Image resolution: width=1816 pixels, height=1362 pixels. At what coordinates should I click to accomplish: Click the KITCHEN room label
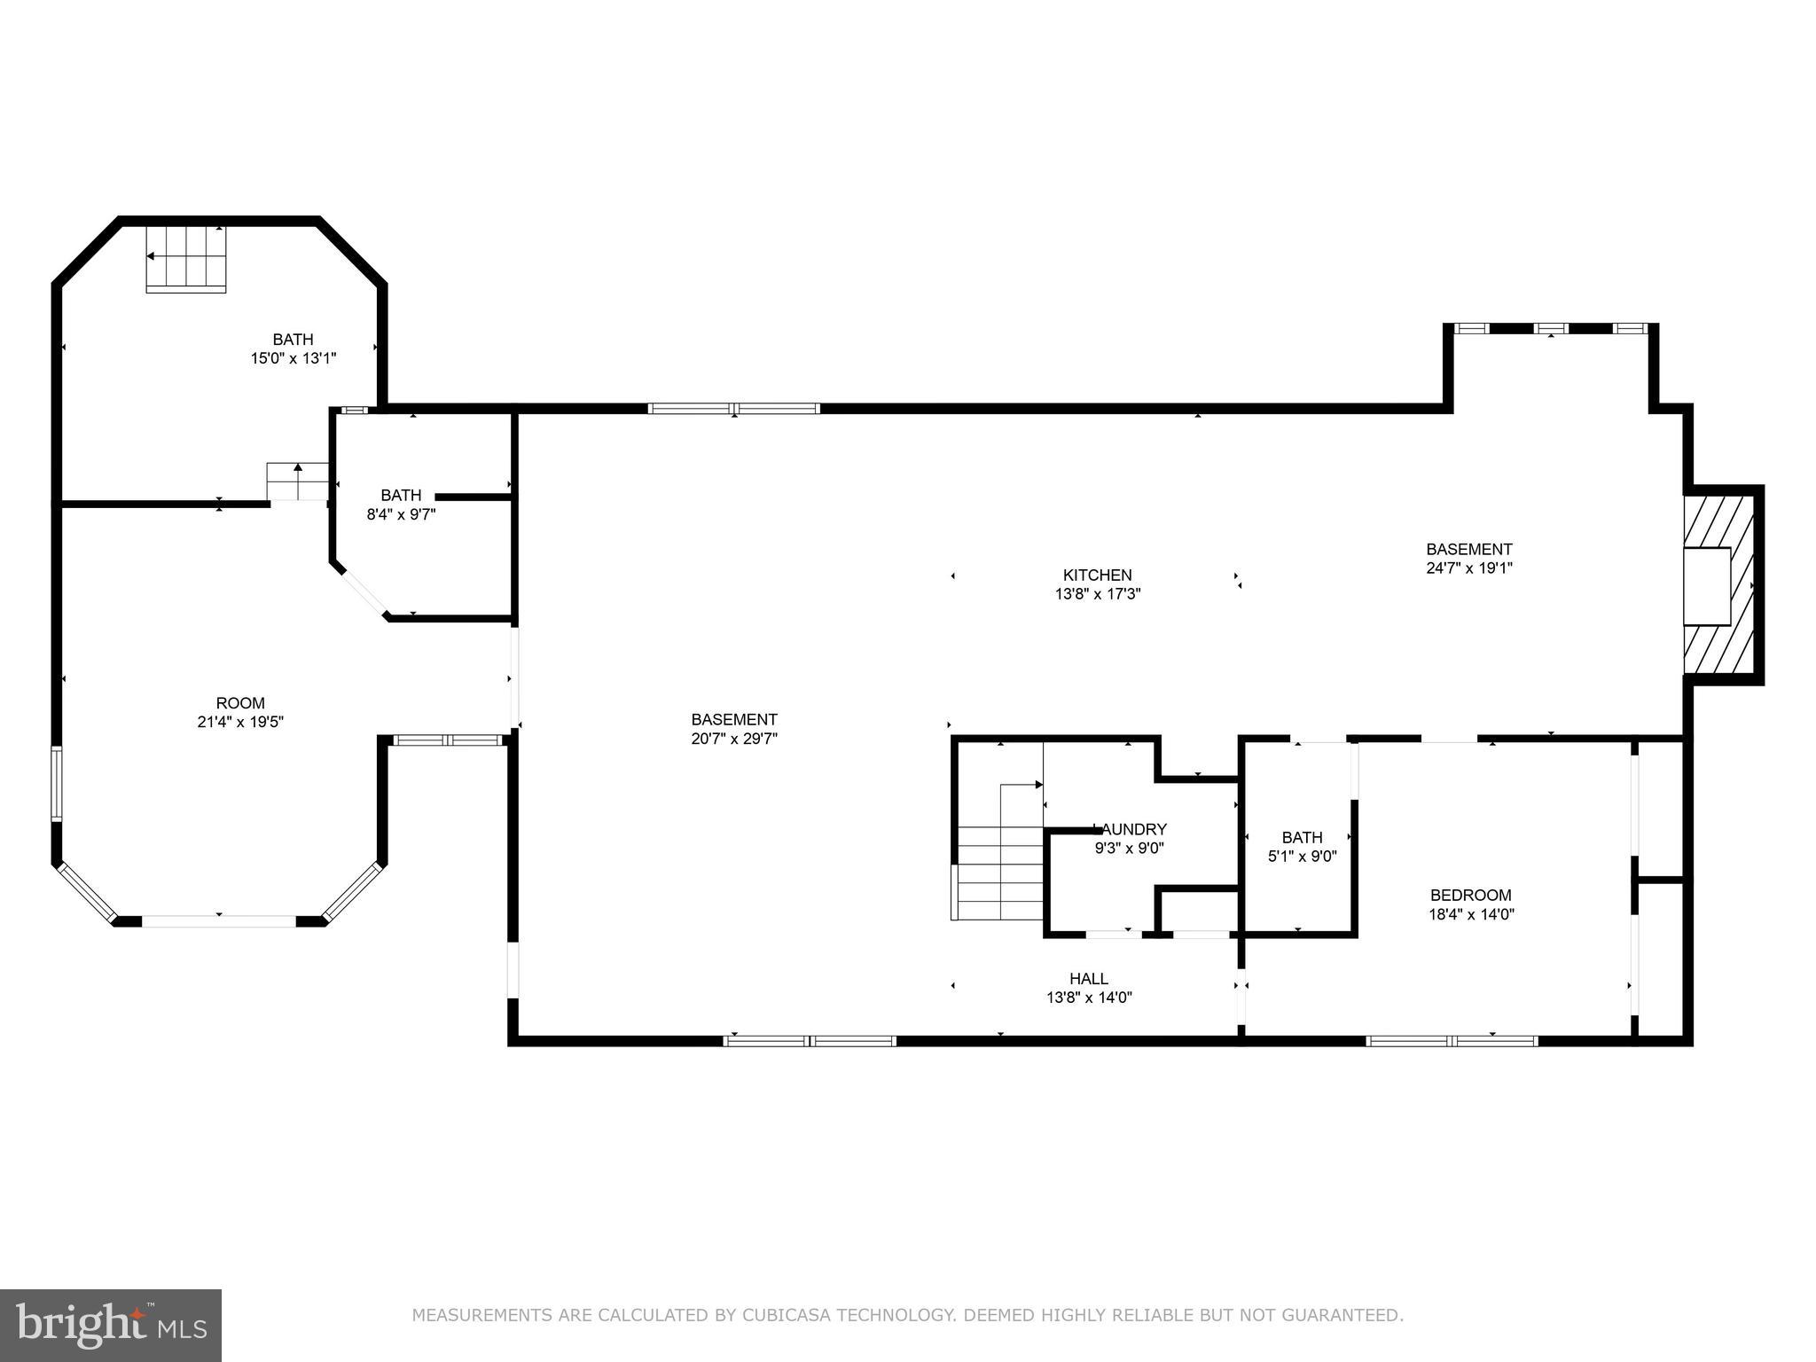point(1097,575)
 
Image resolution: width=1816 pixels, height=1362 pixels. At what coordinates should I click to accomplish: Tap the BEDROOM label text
point(1470,896)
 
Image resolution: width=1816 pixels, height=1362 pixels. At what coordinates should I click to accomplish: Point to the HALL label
point(1088,979)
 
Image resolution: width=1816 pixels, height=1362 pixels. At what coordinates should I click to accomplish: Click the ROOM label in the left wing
point(240,703)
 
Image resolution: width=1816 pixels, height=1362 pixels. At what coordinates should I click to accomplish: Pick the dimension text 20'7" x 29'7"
point(734,739)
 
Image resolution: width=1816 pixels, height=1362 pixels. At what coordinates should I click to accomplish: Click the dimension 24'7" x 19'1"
point(1468,568)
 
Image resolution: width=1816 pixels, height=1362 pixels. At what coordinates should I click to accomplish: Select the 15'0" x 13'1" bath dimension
point(293,358)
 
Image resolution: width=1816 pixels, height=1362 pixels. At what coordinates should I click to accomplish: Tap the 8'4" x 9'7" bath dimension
point(401,513)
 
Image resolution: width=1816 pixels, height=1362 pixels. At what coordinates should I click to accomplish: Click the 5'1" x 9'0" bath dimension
point(1302,857)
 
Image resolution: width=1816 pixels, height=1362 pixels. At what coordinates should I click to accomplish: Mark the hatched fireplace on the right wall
point(1719,585)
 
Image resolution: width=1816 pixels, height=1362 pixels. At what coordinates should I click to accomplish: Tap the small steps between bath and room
point(298,481)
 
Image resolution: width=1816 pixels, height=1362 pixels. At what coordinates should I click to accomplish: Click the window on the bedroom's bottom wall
point(1452,1041)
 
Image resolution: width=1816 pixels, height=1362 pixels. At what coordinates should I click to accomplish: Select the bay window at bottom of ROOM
point(219,921)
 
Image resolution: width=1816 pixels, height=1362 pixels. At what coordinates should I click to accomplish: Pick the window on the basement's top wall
point(733,409)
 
